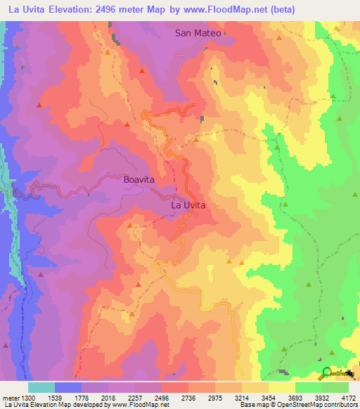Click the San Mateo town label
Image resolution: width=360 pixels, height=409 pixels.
click(x=199, y=33)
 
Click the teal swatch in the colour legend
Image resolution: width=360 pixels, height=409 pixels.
click(x=41, y=387)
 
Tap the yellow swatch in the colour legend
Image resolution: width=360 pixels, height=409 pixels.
click(x=282, y=387)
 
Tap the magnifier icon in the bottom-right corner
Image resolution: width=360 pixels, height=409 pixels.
click(x=326, y=373)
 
